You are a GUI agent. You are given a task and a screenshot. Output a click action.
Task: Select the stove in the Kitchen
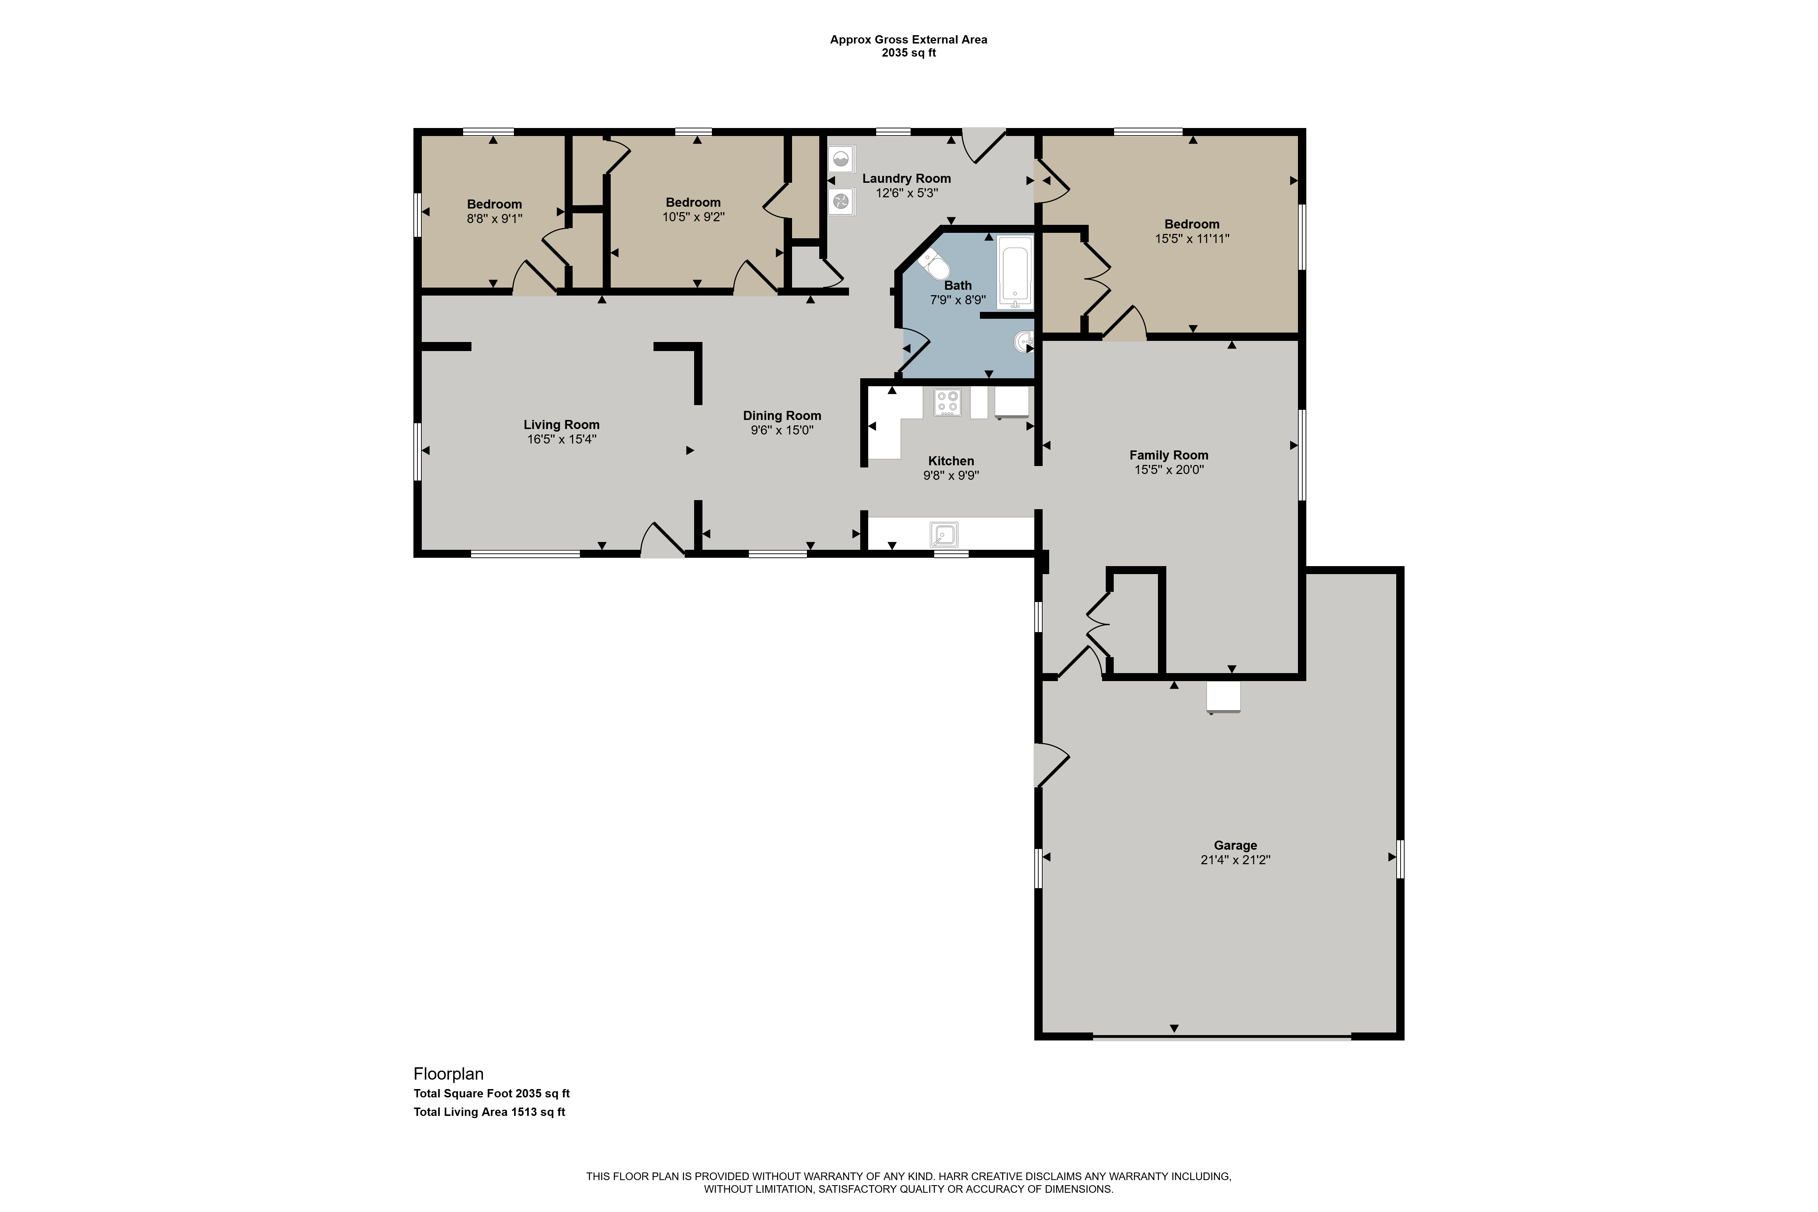(x=948, y=403)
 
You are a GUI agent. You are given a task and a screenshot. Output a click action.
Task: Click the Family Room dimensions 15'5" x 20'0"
(x=1169, y=469)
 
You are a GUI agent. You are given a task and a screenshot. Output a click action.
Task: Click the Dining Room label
(x=782, y=416)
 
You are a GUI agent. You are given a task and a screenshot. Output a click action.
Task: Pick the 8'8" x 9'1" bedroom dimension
(x=495, y=219)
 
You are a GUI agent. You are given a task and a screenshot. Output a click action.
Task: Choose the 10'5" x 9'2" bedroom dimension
(x=693, y=217)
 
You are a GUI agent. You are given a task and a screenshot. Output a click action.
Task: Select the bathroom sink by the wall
(x=1024, y=341)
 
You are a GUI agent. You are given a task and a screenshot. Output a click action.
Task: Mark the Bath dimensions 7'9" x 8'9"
(x=958, y=300)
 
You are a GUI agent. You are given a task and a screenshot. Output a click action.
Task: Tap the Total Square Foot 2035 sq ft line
(x=492, y=1094)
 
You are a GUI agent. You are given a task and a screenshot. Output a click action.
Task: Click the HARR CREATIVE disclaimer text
(x=908, y=1183)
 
